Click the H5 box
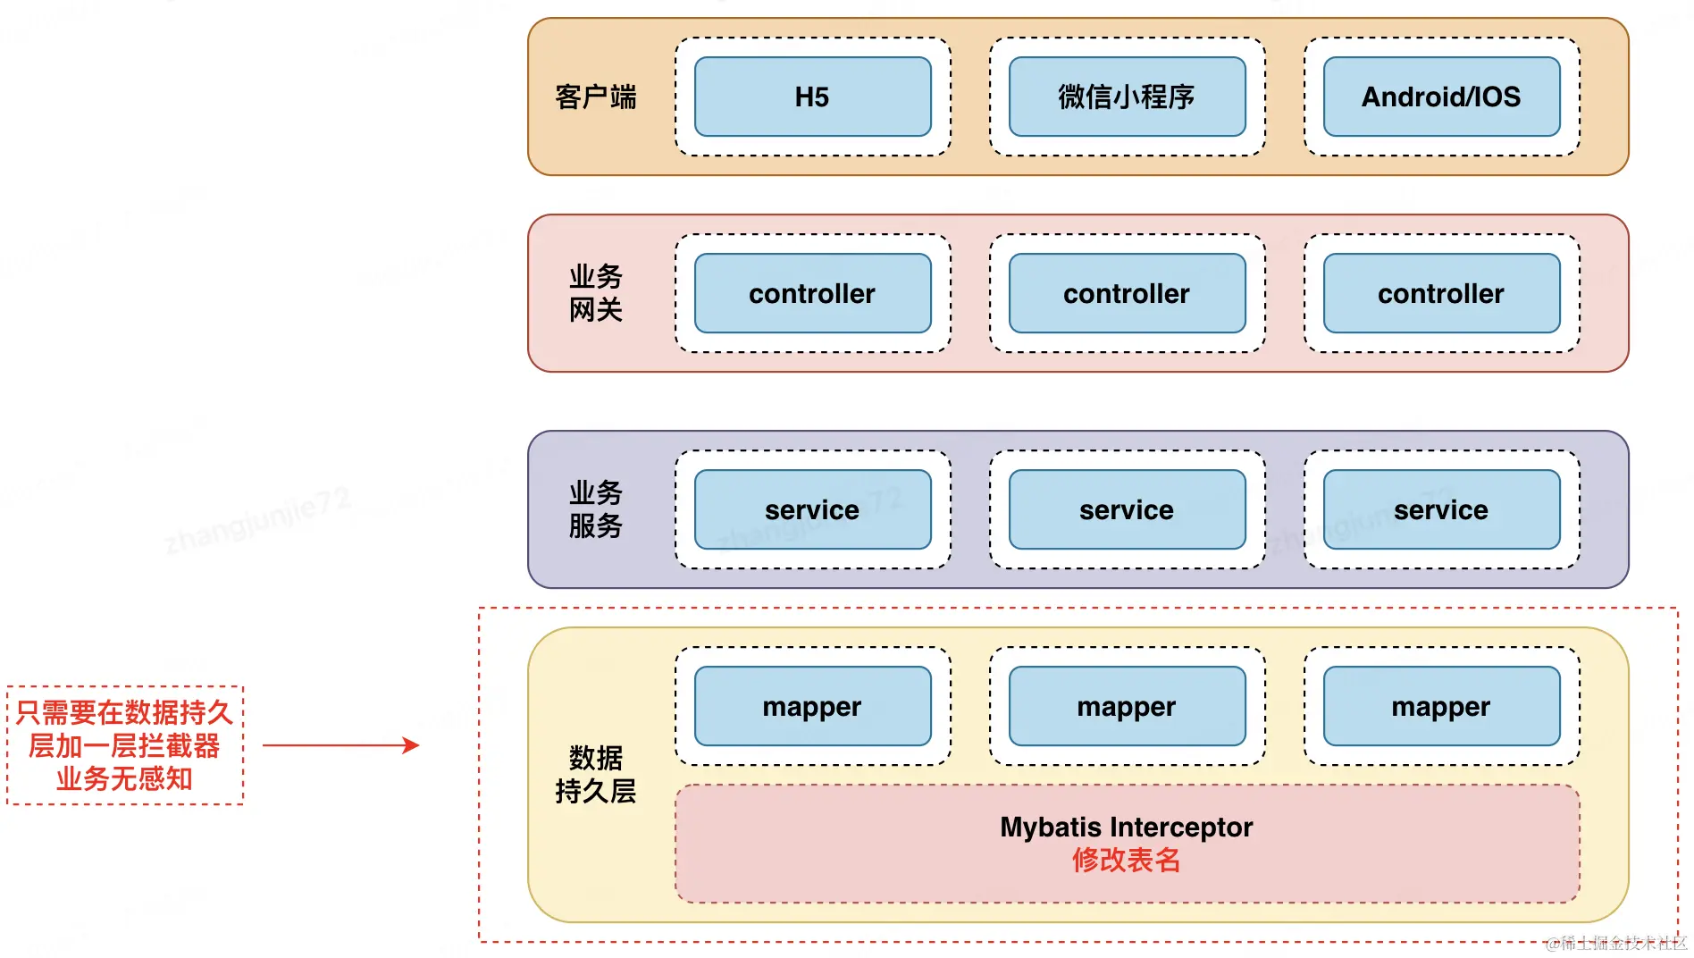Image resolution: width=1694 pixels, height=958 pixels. (x=812, y=97)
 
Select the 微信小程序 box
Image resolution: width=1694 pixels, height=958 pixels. (x=1127, y=97)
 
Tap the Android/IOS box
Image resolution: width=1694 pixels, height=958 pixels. (x=1441, y=97)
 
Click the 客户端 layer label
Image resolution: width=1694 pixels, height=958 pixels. (x=595, y=97)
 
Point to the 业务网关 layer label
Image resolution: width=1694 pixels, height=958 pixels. (x=595, y=293)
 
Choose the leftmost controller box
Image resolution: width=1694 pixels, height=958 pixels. (x=812, y=293)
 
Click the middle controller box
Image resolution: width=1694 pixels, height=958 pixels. (x=1127, y=293)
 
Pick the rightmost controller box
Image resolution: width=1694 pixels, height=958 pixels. (x=1441, y=293)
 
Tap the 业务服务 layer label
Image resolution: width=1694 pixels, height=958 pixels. (x=595, y=509)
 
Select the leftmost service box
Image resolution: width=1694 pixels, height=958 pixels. (x=812, y=509)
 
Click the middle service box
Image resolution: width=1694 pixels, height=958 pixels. (x=1127, y=509)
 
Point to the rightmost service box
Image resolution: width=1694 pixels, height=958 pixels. (x=1441, y=509)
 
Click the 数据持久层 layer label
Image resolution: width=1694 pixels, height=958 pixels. (x=595, y=774)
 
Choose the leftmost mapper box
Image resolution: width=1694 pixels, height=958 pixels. (x=812, y=706)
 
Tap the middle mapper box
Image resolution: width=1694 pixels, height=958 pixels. (x=1127, y=706)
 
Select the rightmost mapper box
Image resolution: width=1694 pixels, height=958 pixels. (x=1441, y=706)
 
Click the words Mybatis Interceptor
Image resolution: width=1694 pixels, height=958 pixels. (x=1126, y=827)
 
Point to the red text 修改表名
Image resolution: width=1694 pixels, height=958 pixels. (x=1126, y=860)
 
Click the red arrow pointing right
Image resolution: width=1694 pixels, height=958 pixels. (x=340, y=745)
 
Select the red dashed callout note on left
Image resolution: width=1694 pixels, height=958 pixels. (x=124, y=745)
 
